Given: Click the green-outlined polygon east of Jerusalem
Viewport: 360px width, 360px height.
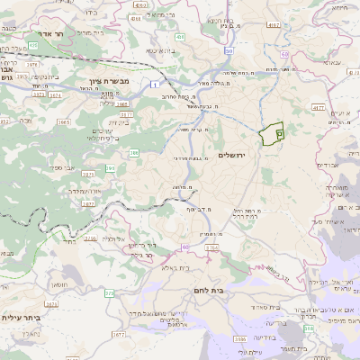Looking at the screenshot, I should click(271, 135).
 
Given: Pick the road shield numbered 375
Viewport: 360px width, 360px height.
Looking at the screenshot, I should click(110, 292).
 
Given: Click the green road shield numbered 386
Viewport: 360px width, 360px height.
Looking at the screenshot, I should click(134, 154).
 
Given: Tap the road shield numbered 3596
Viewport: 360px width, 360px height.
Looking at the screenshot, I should click(239, 338).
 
